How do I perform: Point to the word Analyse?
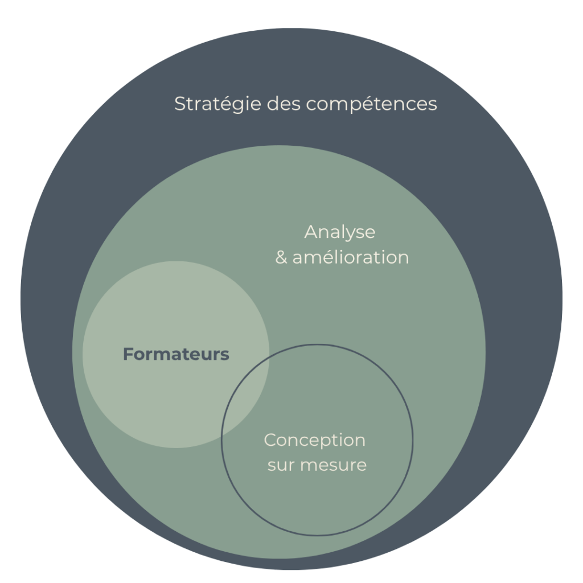[340, 233]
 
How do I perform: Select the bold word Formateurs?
[176, 355]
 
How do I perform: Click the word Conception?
[314, 440]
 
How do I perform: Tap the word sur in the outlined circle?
[279, 465]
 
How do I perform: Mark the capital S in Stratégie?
[180, 105]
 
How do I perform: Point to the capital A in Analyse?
[311, 232]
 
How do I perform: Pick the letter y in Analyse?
[350, 235]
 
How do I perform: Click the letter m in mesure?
[307, 466]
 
